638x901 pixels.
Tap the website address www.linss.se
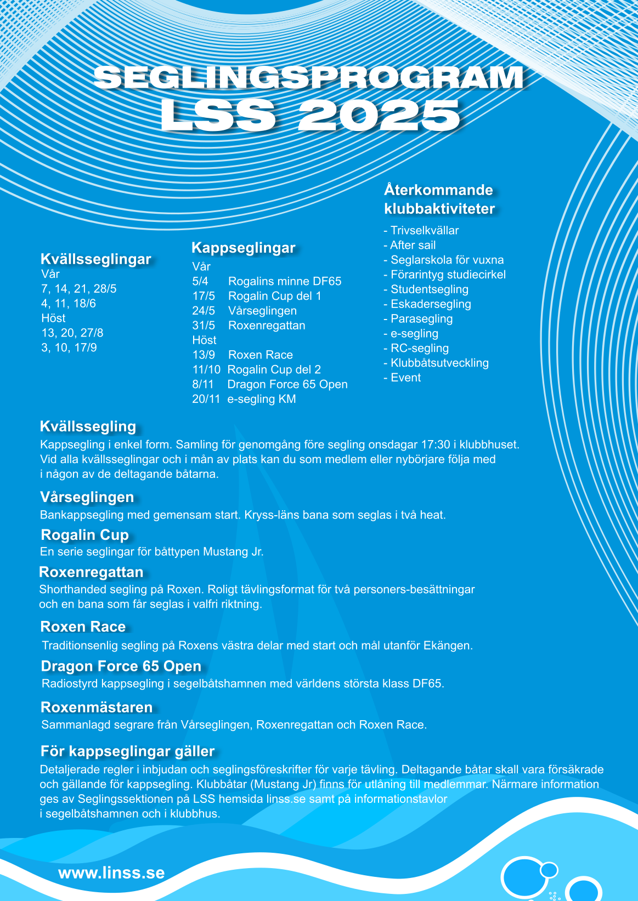tap(111, 873)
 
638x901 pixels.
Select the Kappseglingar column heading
tap(243, 248)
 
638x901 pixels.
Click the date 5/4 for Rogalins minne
tap(200, 281)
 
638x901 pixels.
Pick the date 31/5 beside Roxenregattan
tap(204, 326)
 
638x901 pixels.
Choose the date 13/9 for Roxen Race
tap(204, 355)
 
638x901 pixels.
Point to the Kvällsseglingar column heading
tap(95, 259)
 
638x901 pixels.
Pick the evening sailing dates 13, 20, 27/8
tap(72, 333)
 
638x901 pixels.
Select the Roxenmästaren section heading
tap(97, 707)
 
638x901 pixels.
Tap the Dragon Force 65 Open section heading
tap(121, 666)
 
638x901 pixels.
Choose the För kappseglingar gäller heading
tap(127, 751)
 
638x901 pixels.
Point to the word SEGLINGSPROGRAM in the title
tap(308, 77)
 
